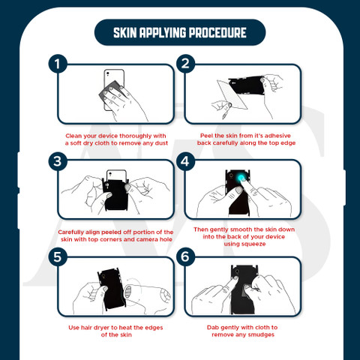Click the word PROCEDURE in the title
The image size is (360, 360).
[217, 33]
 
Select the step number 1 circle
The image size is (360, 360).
[58, 64]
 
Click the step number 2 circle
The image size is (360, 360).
[185, 64]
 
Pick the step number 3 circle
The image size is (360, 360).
[58, 161]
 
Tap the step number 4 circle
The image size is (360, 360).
[185, 161]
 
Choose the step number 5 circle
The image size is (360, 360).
[58, 256]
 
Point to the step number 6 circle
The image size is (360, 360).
[185, 256]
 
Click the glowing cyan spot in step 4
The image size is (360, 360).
[241, 178]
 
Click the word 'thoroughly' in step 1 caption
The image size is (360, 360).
[136, 136]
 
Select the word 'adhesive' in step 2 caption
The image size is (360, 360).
[277, 136]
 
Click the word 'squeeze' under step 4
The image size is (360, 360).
[244, 244]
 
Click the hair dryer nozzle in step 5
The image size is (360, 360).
[128, 291]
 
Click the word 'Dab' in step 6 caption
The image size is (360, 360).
[213, 328]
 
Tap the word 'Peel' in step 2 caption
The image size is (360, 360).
[206, 136]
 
